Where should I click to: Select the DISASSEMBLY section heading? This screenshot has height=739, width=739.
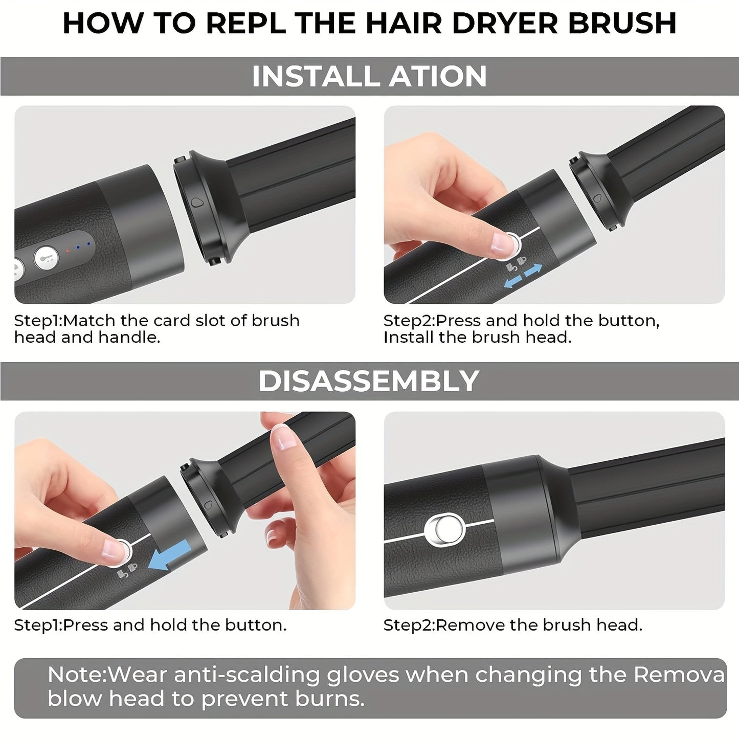369,382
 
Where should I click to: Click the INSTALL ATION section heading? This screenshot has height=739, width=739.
369,76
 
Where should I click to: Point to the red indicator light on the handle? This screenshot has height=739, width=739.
68,250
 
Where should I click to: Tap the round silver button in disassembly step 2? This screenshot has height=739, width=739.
444,528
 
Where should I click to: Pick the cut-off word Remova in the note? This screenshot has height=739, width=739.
679,675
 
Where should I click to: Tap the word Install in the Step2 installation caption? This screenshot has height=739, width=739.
408,338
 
